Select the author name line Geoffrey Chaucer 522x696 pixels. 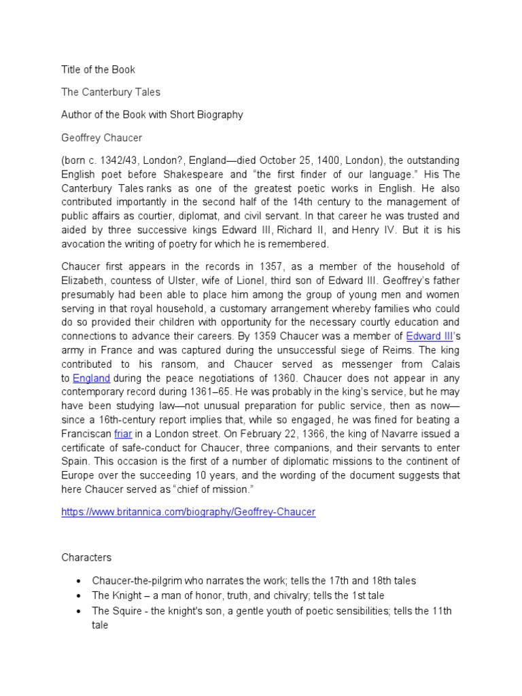click(103, 138)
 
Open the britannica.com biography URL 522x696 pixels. click(188, 512)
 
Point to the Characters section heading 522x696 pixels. click(86, 557)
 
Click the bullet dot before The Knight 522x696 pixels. click(80, 596)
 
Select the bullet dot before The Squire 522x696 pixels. click(80, 611)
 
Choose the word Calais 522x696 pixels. click(444, 364)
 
